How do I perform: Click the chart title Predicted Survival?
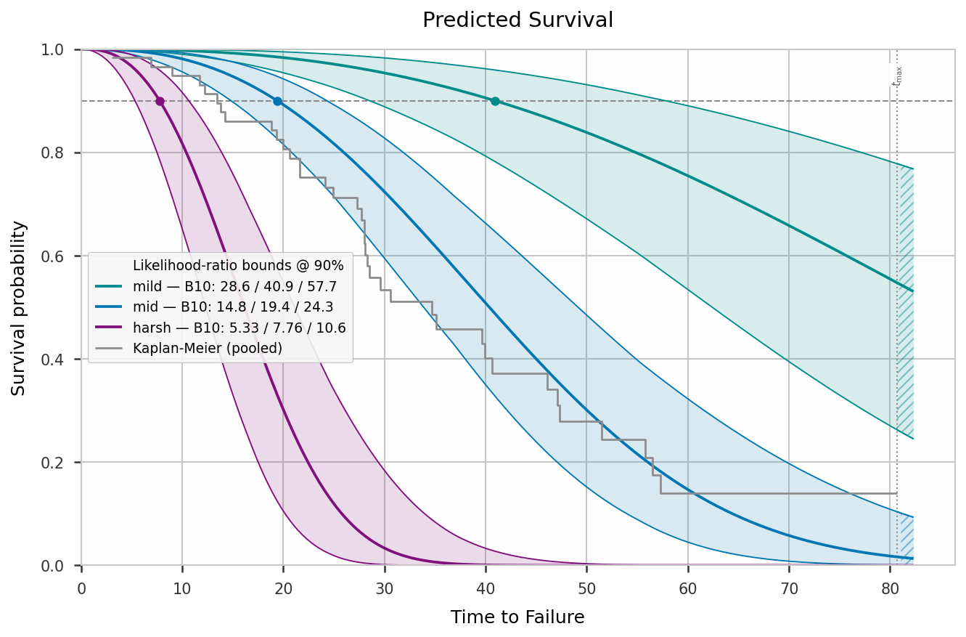click(x=517, y=20)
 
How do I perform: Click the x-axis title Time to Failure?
click(x=517, y=617)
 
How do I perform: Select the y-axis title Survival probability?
click(x=18, y=308)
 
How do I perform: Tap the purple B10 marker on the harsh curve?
click(x=160, y=102)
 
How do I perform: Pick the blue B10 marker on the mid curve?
click(x=277, y=102)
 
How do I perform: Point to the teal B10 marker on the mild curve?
click(x=495, y=102)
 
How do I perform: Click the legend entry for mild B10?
click(x=216, y=286)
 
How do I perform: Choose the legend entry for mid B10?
click(x=214, y=307)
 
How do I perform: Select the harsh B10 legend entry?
click(x=221, y=328)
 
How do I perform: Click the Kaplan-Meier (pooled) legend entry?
click(x=189, y=348)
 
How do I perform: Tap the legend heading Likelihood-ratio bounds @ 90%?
click(x=238, y=265)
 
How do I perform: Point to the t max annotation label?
click(x=897, y=76)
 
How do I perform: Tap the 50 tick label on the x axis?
click(x=586, y=589)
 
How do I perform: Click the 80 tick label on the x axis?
click(x=890, y=589)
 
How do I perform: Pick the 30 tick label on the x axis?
click(x=384, y=589)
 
